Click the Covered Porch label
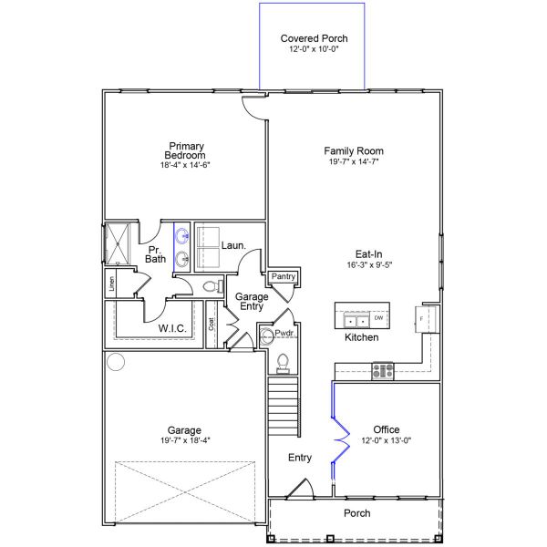(x=314, y=38)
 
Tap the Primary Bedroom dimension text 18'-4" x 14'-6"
(x=185, y=165)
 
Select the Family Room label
(x=354, y=150)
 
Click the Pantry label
(x=281, y=275)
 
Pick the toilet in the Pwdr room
(x=282, y=362)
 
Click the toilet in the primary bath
(x=212, y=286)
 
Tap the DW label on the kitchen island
(x=378, y=318)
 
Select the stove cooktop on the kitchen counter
(x=382, y=370)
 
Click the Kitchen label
(x=361, y=337)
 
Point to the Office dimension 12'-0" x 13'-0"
(x=387, y=440)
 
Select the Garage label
(x=183, y=430)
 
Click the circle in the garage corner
(x=116, y=362)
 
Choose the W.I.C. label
(x=172, y=328)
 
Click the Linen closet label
(x=111, y=283)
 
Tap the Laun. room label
(x=232, y=246)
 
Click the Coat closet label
(x=212, y=324)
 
